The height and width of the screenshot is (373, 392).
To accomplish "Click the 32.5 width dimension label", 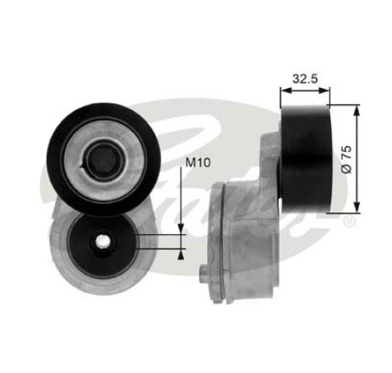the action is [x=305, y=79].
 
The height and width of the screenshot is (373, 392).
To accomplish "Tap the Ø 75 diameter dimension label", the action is [x=346, y=160].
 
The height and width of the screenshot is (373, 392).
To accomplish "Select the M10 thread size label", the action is [x=198, y=162].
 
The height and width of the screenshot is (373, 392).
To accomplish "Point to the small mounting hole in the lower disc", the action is [x=102, y=240].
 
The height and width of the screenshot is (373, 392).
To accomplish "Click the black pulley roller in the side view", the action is [x=307, y=159].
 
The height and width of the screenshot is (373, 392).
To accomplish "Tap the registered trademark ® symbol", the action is [x=350, y=222].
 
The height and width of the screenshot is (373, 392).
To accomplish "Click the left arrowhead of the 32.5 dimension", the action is [x=286, y=91].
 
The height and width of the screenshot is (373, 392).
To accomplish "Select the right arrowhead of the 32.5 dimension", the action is [x=324, y=91].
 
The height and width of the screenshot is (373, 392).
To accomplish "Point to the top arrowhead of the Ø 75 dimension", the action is [x=357, y=111].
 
